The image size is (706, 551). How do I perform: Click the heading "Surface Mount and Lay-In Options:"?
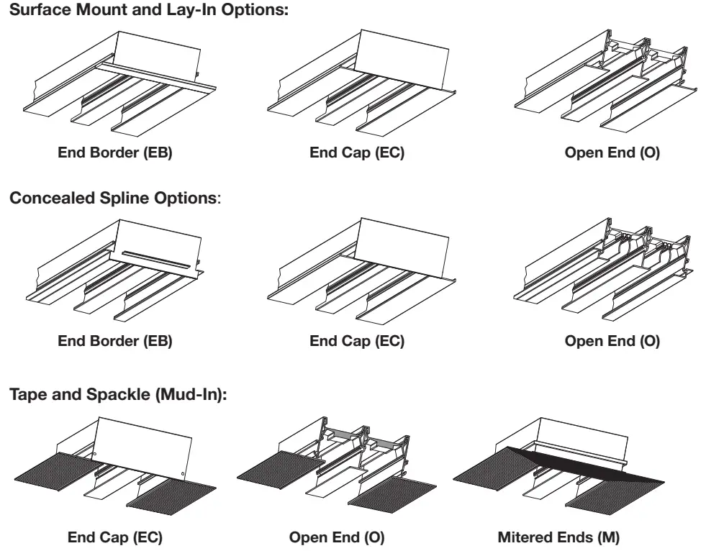coord(148,10)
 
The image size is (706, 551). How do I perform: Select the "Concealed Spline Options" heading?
coord(115,198)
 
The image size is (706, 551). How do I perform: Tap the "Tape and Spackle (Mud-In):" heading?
coord(118,394)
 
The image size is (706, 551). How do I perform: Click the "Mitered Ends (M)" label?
coord(558,537)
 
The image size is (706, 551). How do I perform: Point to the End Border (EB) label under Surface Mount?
coord(115,152)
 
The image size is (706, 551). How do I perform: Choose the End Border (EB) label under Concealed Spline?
coord(115,341)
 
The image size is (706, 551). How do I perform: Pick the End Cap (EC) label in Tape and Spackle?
coord(115,537)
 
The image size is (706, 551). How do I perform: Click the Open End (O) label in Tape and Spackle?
coord(337,537)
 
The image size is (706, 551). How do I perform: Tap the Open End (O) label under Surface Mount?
coord(612,152)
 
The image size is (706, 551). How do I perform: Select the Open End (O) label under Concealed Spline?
coord(612,341)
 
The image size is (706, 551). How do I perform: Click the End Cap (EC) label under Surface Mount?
coord(357,152)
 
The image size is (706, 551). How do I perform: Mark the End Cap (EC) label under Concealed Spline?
coord(357,341)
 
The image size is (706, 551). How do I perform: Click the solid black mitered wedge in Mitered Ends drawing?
coord(585,466)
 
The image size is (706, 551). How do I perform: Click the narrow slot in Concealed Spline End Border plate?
coord(156,258)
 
